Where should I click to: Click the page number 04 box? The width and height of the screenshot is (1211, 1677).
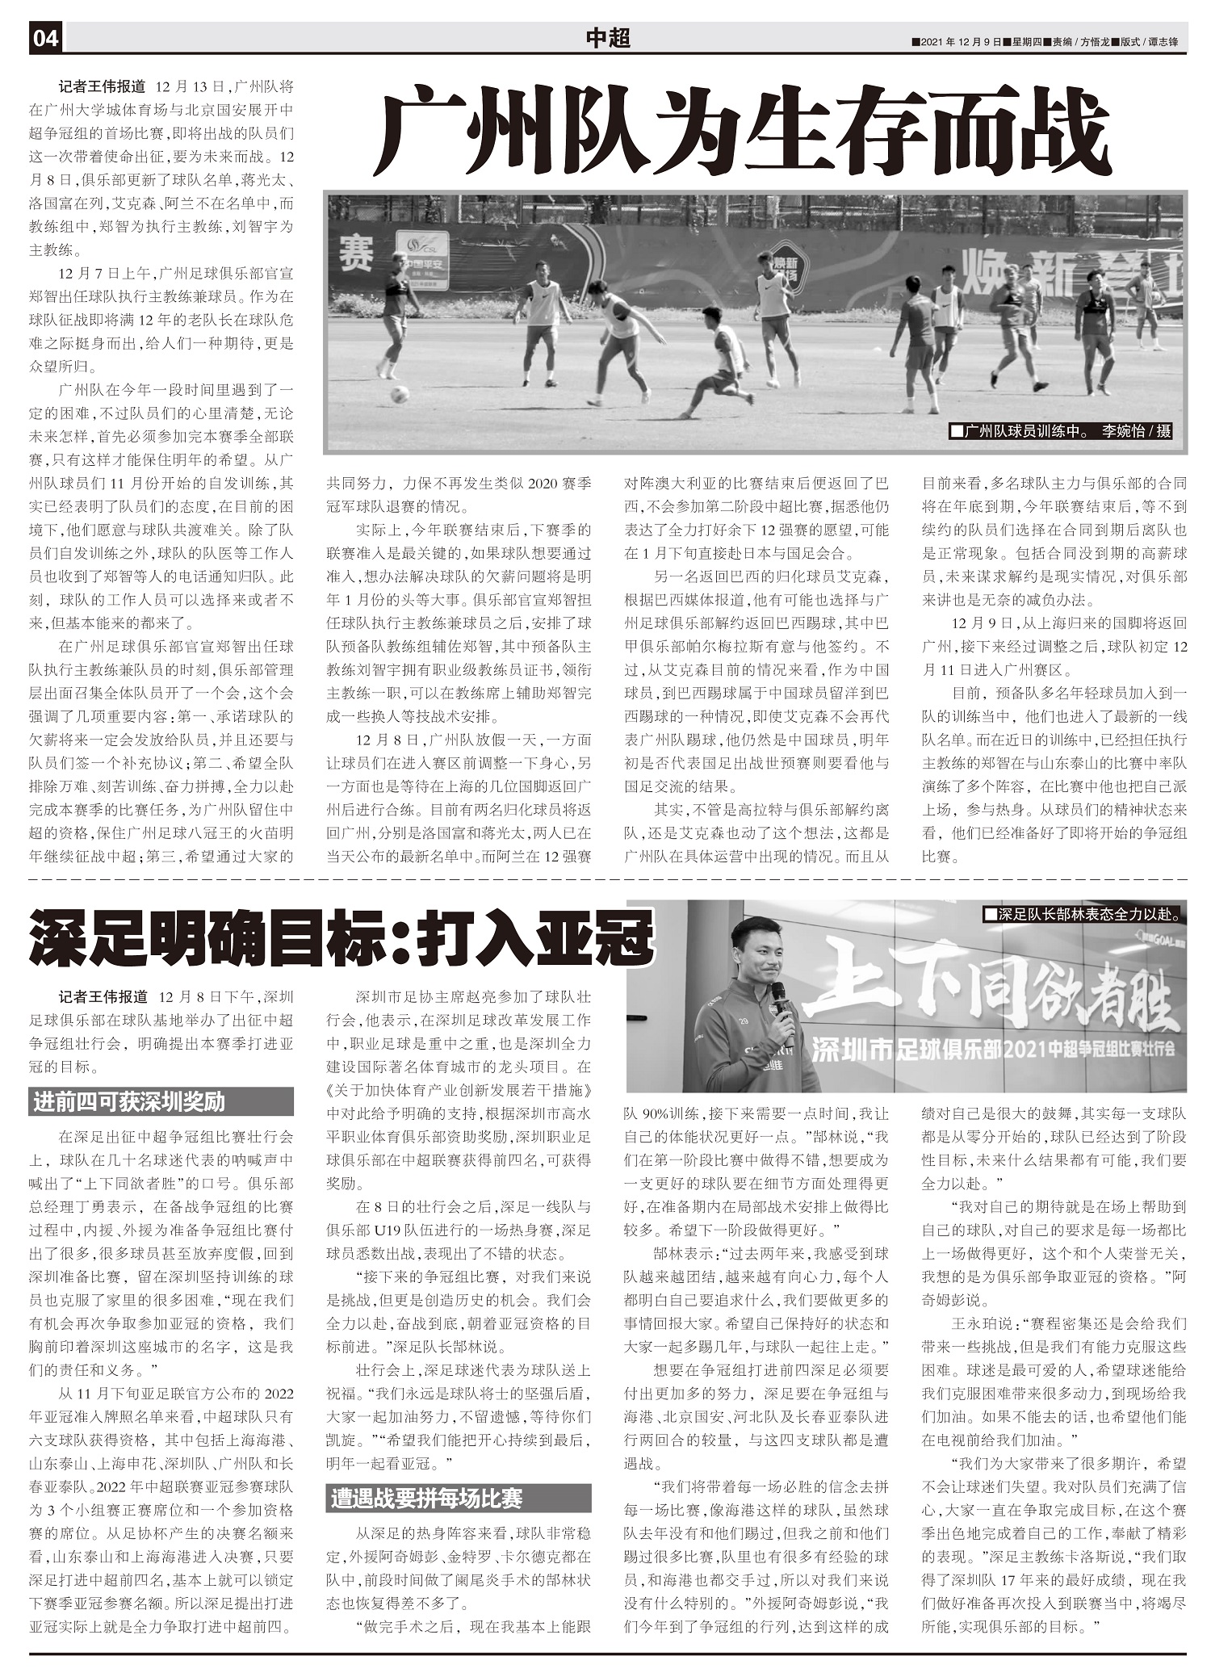point(46,38)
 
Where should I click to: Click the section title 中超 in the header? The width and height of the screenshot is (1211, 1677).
point(607,38)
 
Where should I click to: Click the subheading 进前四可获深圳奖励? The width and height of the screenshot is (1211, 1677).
point(129,1101)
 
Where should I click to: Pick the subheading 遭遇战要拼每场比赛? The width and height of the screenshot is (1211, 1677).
point(426,1499)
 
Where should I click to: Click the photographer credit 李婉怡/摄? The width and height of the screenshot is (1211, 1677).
point(1136,431)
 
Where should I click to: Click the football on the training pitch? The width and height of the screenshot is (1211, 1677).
point(399,395)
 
